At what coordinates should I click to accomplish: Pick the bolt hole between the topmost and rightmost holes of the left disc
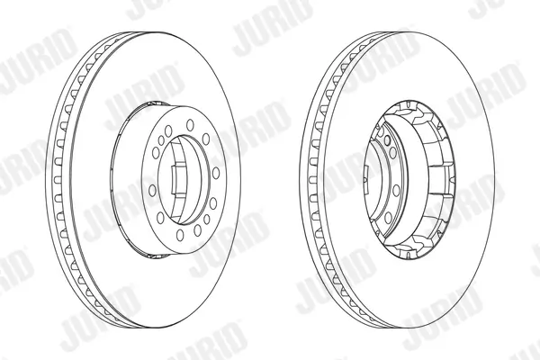(205, 139)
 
